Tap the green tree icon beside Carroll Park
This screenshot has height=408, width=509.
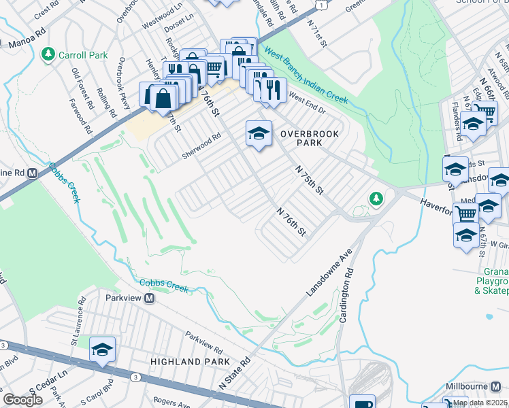click(48, 53)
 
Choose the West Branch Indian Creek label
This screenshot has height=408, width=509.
click(306, 75)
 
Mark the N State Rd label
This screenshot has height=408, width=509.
click(235, 372)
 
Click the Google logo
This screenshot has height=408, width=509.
click(22, 400)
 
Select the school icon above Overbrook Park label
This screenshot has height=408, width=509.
click(259, 133)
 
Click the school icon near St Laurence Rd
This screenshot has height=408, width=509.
click(102, 349)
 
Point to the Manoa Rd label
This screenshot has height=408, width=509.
click(28, 46)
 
